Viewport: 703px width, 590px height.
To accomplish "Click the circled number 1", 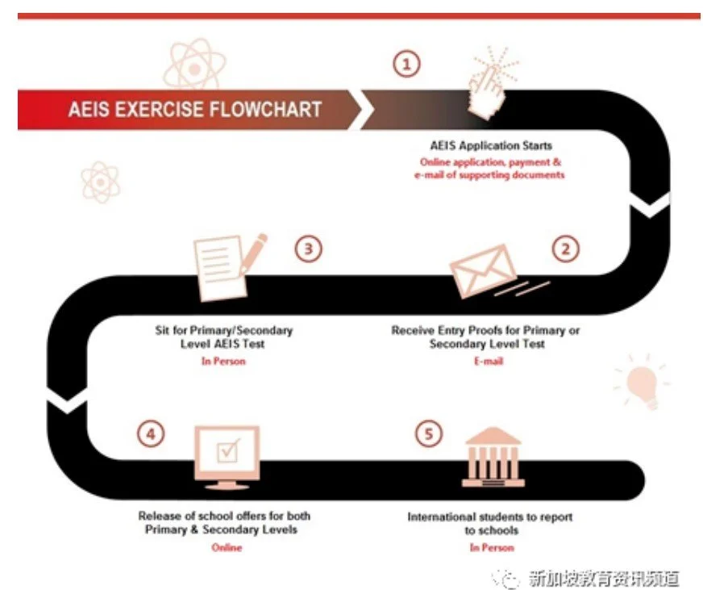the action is click(408, 64).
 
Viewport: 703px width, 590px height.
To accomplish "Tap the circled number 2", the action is click(565, 249).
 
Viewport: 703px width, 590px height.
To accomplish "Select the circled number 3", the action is click(307, 249).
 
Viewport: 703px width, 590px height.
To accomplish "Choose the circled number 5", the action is click(429, 434).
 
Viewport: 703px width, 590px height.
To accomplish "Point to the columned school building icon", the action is click(493, 458).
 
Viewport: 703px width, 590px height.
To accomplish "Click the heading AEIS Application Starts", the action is click(491, 146).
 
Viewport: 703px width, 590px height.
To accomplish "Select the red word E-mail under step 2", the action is click(488, 361).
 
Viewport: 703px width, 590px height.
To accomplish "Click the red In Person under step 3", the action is click(223, 361).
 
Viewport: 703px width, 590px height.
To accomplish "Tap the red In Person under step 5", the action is click(491, 547).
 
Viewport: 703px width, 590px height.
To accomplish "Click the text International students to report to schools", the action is click(491, 523).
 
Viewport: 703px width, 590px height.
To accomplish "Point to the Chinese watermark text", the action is click(603, 577).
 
